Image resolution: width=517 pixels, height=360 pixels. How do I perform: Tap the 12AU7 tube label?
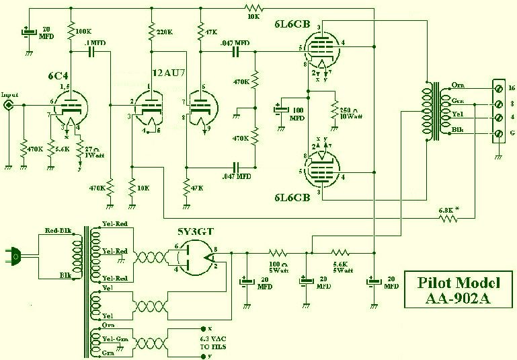[167, 72]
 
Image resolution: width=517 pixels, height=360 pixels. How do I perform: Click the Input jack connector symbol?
[9, 105]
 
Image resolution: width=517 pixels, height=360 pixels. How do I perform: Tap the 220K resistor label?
[165, 31]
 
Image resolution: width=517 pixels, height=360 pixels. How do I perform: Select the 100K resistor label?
[84, 31]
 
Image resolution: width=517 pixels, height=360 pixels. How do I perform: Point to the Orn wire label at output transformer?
[457, 85]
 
